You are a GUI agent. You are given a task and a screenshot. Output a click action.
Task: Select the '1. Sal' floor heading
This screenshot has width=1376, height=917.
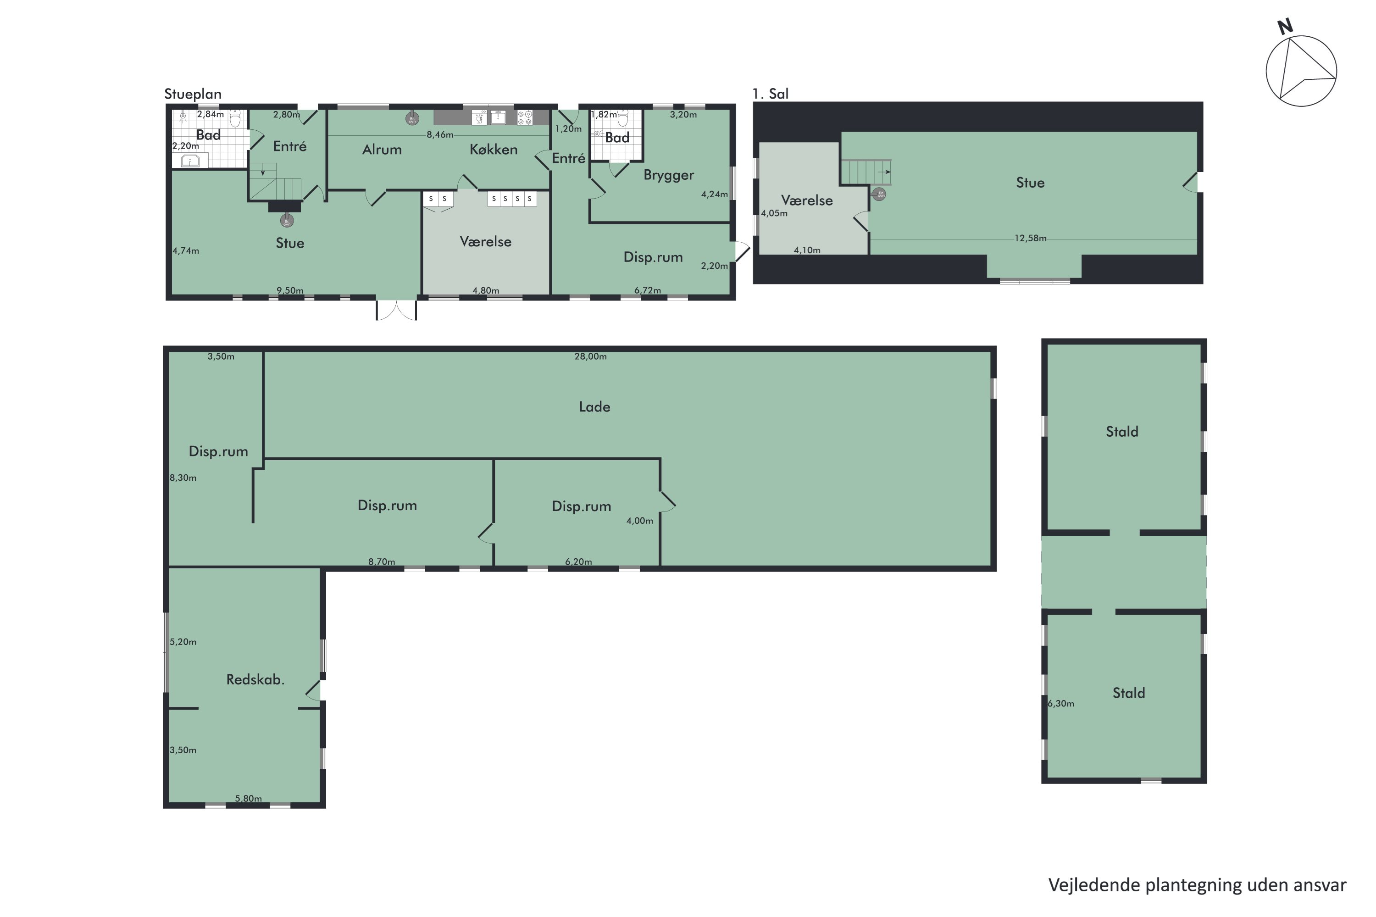click(x=770, y=94)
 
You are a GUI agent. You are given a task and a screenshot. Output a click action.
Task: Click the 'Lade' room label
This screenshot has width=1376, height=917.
click(x=594, y=407)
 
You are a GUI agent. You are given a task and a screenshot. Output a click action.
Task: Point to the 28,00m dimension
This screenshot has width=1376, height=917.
click(x=590, y=356)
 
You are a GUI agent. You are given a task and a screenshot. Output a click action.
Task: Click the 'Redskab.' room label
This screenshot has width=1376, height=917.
click(x=255, y=679)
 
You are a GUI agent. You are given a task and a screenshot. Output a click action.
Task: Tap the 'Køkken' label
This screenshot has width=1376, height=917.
click(x=494, y=150)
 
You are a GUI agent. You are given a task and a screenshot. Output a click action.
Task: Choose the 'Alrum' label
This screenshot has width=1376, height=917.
click(x=382, y=150)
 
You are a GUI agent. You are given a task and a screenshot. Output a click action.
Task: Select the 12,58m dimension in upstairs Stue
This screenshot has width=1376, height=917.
click(x=1030, y=238)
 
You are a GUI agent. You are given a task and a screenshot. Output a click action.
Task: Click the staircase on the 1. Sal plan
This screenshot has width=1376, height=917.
click(x=866, y=172)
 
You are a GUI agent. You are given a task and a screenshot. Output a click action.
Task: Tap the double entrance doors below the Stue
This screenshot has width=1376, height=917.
click(x=396, y=310)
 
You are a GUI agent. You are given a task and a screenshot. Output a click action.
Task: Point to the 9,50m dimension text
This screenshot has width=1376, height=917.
click(x=290, y=290)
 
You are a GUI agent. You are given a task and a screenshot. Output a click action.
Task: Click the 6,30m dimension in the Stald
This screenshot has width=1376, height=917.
click(x=1061, y=704)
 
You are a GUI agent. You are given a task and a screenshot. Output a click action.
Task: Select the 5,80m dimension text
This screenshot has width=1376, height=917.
click(x=248, y=798)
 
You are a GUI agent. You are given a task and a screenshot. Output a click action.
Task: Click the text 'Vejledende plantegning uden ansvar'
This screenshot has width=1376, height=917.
click(x=1197, y=885)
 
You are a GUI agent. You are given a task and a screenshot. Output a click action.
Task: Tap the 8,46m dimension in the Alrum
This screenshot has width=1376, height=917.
click(x=440, y=134)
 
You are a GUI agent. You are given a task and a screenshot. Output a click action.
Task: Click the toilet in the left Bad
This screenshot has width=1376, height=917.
click(x=235, y=119)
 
